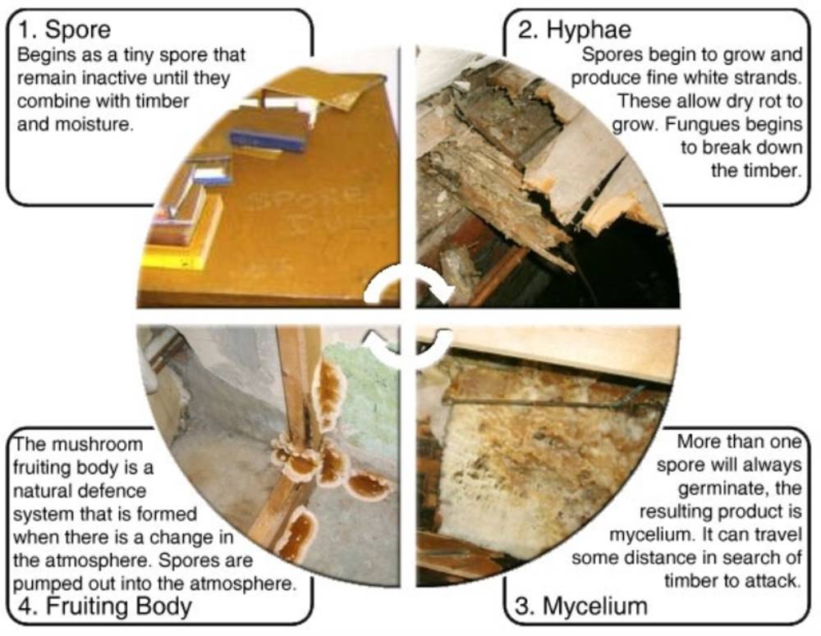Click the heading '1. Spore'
64,30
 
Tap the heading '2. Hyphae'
575,30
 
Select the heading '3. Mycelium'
581,606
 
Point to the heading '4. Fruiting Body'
105,606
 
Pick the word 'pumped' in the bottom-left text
41,583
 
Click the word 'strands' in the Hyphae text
764,78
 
